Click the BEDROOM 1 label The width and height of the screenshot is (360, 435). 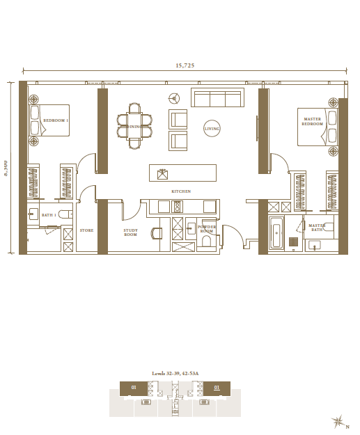(56, 121)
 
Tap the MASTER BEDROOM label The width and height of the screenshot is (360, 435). (312, 122)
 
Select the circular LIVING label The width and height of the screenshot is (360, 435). (212, 129)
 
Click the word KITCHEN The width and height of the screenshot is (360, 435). (181, 191)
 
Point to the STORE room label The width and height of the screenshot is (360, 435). (86, 230)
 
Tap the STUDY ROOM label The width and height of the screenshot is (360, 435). (130, 232)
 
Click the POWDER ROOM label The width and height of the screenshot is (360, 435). (207, 229)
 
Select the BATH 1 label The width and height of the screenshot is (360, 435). (48, 216)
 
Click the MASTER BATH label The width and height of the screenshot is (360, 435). (317, 228)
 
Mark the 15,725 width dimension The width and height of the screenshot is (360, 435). (185, 65)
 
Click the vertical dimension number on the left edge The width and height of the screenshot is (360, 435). (6, 168)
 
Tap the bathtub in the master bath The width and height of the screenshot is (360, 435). (276, 235)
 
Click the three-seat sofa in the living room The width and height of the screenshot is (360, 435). (217, 97)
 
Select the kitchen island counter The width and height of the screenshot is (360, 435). (182, 173)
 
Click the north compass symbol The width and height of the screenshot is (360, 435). (339, 421)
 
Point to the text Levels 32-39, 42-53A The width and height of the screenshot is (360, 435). (175, 374)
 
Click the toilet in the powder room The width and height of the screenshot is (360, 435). (205, 242)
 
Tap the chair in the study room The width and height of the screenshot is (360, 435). (157, 233)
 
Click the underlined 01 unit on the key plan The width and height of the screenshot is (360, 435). (217, 387)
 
